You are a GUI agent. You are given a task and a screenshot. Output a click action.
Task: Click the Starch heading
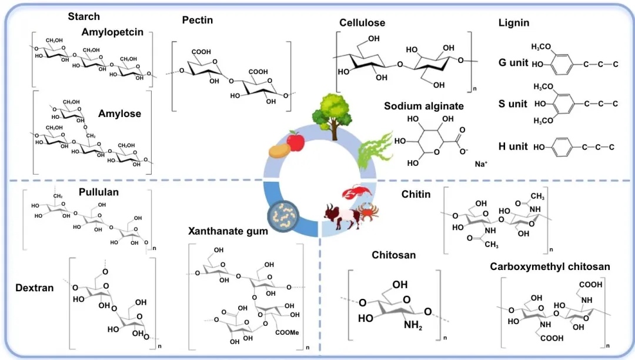pyautogui.click(x=83, y=16)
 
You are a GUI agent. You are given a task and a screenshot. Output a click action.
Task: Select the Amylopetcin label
pyautogui.click(x=112, y=32)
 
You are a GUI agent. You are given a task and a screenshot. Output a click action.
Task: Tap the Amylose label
pyautogui.click(x=120, y=114)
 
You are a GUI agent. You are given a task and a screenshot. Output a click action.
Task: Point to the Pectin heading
pyautogui.click(x=198, y=21)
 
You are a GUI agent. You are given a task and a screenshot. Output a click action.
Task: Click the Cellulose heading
pyautogui.click(x=362, y=23)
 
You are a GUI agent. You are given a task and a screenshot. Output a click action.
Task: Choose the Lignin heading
pyautogui.click(x=513, y=23)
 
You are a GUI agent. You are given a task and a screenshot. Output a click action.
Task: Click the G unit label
pyautogui.click(x=513, y=63)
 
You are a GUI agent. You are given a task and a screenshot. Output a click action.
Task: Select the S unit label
pyautogui.click(x=513, y=104)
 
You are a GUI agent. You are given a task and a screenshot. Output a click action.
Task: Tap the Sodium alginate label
pyautogui.click(x=424, y=106)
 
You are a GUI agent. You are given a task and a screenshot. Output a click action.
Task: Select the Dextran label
pyautogui.click(x=35, y=288)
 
